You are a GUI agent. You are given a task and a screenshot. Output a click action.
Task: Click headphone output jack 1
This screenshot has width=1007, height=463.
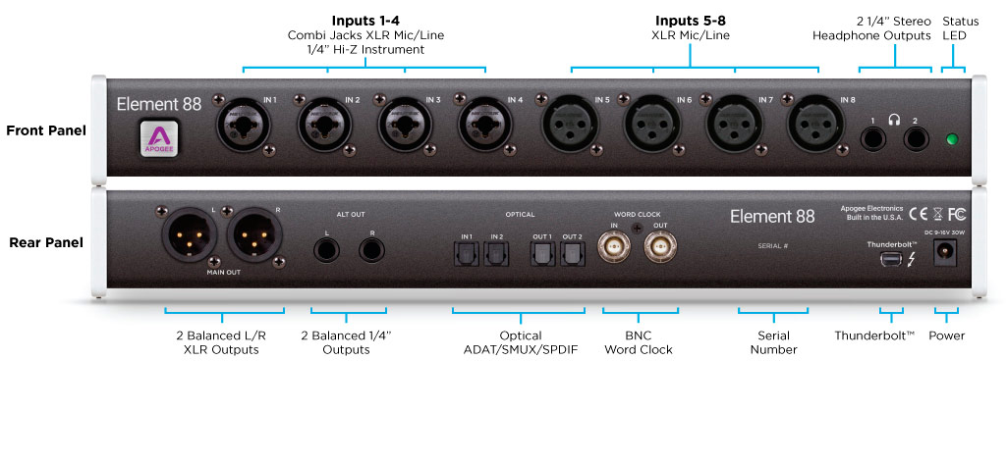872,137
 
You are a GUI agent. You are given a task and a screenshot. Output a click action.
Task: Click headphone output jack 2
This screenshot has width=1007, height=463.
917,137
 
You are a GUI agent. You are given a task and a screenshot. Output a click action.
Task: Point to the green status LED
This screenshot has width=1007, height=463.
951,138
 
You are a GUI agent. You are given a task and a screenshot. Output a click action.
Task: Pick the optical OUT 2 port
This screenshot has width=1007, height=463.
572,256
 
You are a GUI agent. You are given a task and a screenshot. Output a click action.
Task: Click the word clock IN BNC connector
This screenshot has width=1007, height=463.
616,252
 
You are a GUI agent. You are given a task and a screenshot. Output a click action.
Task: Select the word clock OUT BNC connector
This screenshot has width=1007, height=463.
661,252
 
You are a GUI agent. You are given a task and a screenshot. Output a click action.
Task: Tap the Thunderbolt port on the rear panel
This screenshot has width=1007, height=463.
891,261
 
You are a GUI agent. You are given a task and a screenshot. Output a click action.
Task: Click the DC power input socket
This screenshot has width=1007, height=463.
948,252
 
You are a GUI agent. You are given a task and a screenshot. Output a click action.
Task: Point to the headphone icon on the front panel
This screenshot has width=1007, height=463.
894,120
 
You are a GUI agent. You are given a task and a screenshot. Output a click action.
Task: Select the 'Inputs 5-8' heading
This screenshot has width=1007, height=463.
692,20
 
